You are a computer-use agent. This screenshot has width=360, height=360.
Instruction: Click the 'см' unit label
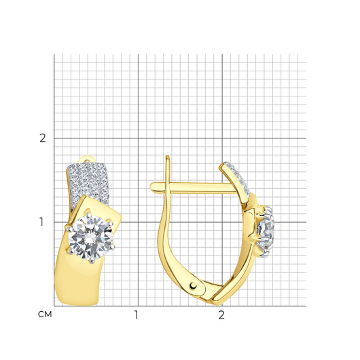45,314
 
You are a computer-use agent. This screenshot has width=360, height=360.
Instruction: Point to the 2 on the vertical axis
43,138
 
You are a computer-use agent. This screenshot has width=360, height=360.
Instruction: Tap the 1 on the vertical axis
41,222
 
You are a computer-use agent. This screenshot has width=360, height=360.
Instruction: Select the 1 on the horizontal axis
137,315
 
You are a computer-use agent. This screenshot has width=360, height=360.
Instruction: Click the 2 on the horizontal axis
221,315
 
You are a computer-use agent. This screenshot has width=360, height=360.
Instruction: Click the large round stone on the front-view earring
92,238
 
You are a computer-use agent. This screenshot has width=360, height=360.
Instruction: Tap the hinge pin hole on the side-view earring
194,285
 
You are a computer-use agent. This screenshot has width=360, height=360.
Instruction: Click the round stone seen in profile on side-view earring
265,231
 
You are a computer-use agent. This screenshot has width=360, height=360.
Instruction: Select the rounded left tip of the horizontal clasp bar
152,187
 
